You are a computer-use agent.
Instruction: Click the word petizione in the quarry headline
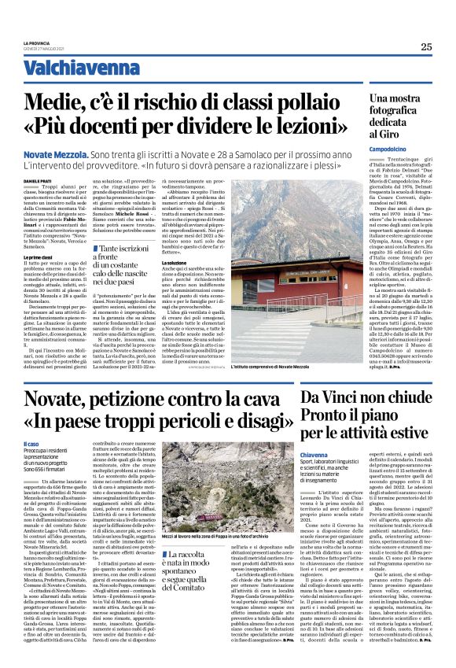[142, 382]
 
